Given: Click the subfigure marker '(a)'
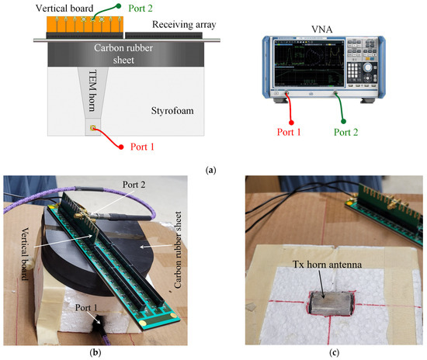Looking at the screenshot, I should tap(213, 167).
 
